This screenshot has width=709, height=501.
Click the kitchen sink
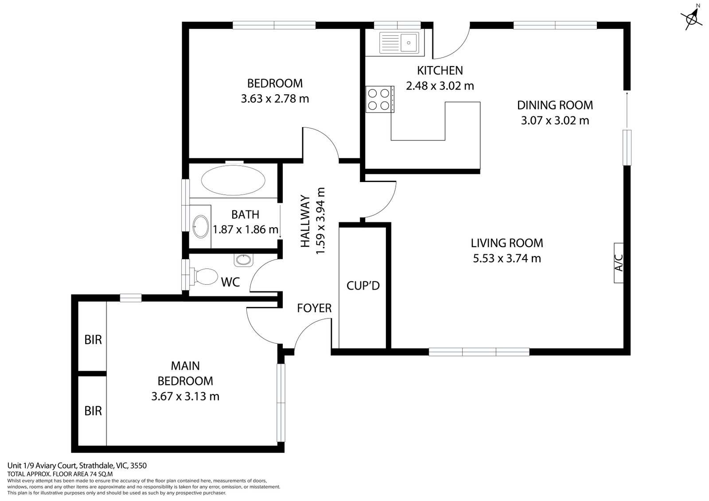(399, 43)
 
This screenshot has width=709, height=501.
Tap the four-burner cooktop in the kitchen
(380, 99)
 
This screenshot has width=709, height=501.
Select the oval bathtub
(233, 180)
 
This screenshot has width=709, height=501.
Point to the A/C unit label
(619, 263)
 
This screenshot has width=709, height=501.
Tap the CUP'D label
(363, 286)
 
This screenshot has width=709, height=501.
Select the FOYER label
(314, 308)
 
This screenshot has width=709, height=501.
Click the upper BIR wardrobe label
(93, 339)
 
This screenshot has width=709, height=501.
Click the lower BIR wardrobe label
(93, 411)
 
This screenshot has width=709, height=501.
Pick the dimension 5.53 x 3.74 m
(507, 258)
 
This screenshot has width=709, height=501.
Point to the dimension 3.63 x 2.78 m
(275, 98)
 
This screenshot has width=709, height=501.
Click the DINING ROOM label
(555, 105)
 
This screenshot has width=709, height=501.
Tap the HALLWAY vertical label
(305, 221)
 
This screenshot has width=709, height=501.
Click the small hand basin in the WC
(243, 260)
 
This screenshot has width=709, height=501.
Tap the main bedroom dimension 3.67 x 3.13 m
(185, 396)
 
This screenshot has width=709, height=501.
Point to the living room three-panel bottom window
(479, 352)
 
